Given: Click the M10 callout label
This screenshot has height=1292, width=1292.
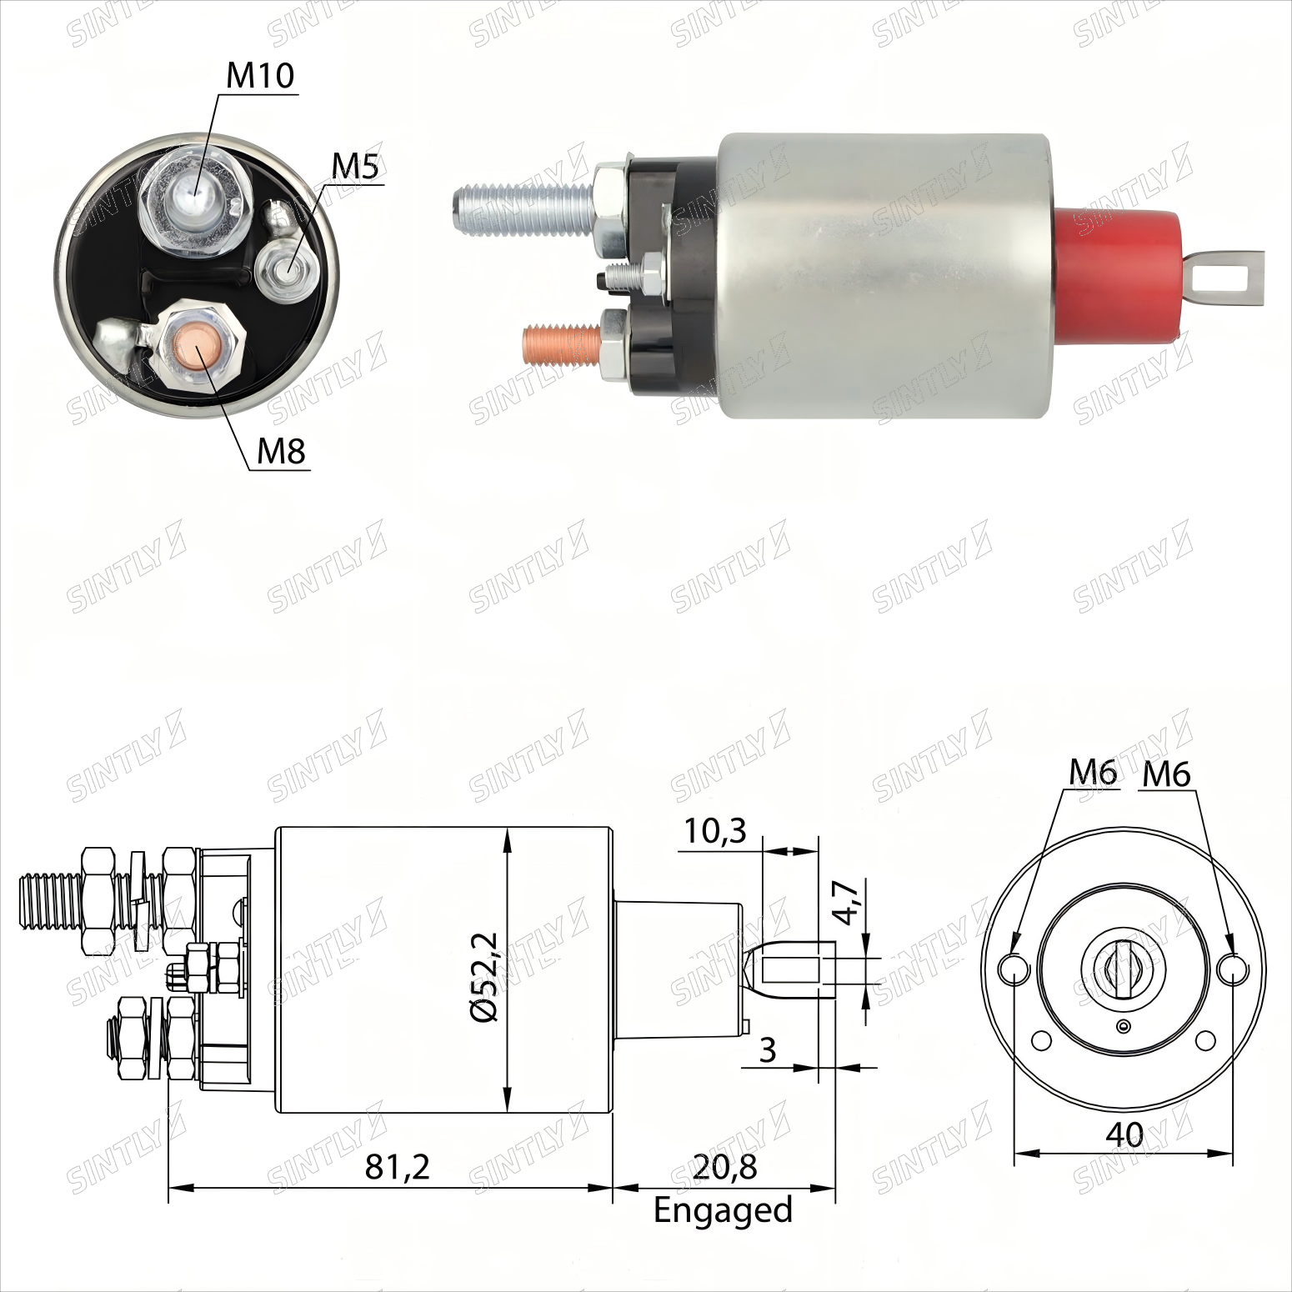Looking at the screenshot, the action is click(x=261, y=76).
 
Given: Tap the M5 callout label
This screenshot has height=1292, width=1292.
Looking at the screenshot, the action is click(x=356, y=167).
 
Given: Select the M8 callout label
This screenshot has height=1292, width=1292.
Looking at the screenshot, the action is click(x=282, y=451).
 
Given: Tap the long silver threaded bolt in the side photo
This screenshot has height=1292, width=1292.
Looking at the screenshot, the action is click(x=525, y=201).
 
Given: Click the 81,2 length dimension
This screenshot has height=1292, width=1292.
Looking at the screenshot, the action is click(x=397, y=1167).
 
